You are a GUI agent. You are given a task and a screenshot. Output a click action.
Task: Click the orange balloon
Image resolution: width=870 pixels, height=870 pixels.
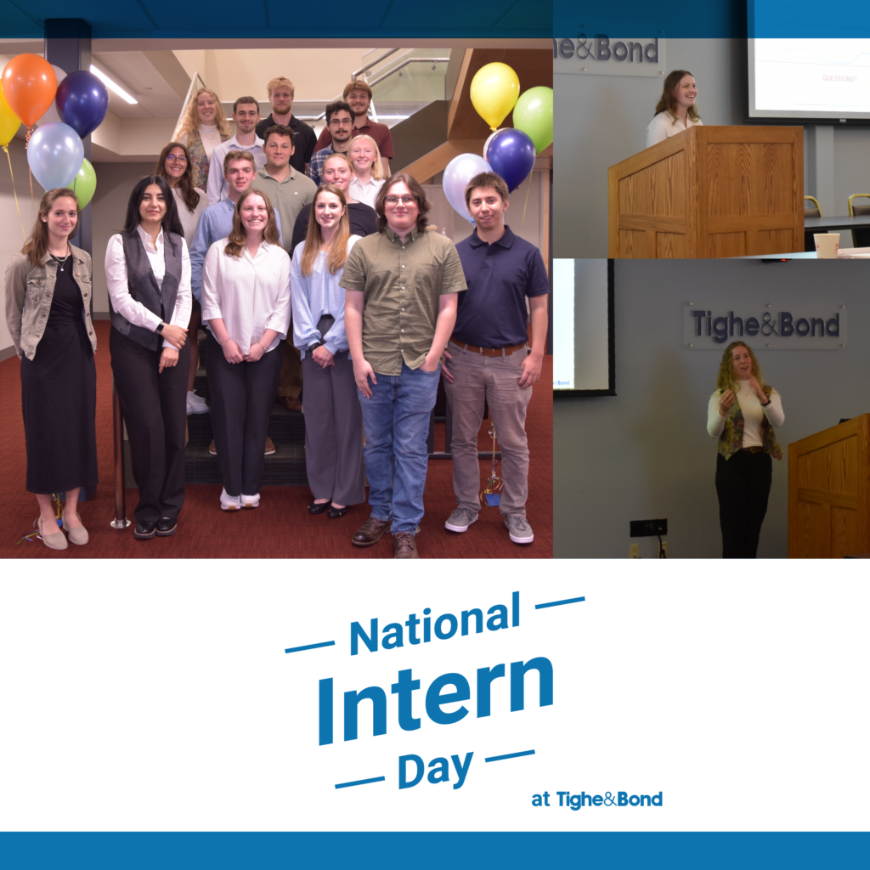[29, 88]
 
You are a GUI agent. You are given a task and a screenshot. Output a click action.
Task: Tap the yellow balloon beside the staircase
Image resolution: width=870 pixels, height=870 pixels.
[494, 94]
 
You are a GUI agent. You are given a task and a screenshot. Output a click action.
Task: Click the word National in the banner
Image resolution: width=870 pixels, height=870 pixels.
[435, 624]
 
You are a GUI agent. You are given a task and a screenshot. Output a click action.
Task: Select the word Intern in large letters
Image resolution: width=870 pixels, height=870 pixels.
[436, 701]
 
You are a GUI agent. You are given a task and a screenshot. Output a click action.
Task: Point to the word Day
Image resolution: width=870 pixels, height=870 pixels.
[436, 769]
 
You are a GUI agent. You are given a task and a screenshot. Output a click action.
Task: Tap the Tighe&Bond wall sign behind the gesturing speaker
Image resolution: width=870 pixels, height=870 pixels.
[765, 325]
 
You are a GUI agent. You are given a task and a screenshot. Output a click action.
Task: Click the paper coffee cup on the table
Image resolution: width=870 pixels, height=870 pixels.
[826, 246]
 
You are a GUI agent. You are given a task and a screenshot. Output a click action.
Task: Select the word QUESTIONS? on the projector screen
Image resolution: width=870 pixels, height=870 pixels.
[839, 79]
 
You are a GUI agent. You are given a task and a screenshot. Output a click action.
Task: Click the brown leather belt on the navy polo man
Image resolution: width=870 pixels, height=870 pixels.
[488, 348]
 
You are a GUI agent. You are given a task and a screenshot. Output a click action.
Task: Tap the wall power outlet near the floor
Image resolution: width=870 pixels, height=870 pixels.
[648, 528]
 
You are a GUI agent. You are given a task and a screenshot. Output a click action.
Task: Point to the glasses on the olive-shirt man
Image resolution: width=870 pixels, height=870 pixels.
[401, 201]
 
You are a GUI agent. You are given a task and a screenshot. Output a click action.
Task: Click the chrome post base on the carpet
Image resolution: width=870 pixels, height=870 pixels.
[120, 523]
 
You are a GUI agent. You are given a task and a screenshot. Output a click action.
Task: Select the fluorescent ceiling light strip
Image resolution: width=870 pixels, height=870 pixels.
[113, 84]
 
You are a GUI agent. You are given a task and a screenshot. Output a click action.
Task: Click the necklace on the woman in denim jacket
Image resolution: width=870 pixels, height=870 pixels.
[60, 261]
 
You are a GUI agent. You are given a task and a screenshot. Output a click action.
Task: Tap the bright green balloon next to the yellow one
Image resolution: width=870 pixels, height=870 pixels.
[534, 118]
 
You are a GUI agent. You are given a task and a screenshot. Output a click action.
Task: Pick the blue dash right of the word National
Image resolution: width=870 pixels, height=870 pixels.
[560, 602]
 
